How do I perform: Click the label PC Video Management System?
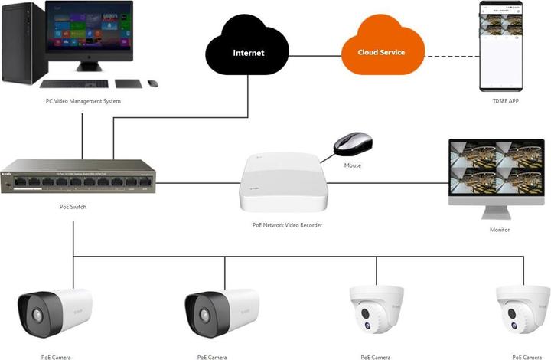click(82, 100)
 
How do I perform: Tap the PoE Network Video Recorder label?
click(287, 225)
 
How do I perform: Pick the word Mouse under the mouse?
click(352, 165)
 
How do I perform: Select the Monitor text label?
click(499, 230)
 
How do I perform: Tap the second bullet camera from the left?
click(221, 312)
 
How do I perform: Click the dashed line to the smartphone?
click(452, 56)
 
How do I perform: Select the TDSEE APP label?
click(504, 101)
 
